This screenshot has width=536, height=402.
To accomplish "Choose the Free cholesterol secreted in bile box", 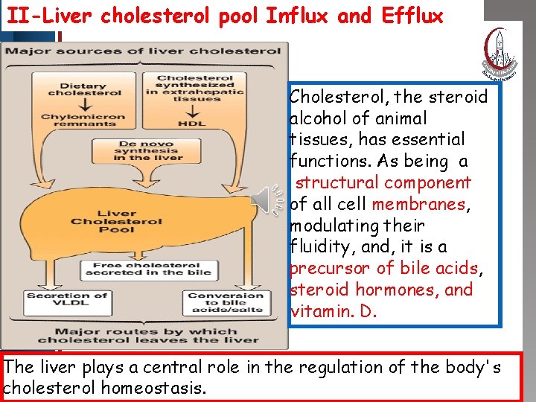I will pos(142,269).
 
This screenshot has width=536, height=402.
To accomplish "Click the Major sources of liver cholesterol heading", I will pos(143,51).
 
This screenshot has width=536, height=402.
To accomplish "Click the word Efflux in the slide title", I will pos(416,16).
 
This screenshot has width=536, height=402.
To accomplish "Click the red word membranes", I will pos(418,204).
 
